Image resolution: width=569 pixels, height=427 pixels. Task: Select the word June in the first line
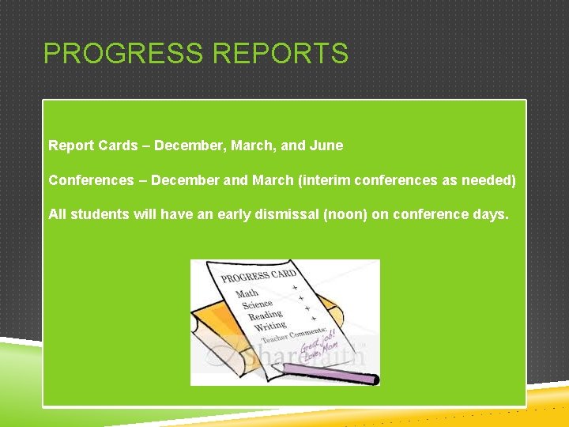tap(327, 145)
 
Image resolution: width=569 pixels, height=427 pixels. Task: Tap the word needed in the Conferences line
tap(489, 180)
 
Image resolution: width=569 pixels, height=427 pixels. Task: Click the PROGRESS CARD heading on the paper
tap(258, 276)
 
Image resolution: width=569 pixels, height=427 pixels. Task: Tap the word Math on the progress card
tap(247, 293)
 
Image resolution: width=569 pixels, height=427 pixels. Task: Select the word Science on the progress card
tap(257, 304)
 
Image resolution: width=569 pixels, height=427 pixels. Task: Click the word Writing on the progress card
tap(269, 324)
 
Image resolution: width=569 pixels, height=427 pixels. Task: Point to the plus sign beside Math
tap(295, 288)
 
